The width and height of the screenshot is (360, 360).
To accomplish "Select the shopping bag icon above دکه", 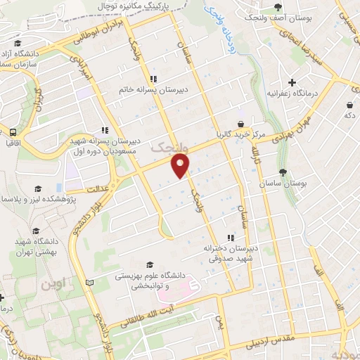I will (x=349, y=105).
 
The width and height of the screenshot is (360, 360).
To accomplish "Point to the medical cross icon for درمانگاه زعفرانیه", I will (x=292, y=82).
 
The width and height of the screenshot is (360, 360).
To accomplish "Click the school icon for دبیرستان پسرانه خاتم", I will (x=153, y=79).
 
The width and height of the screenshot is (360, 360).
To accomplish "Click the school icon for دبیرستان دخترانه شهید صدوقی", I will (x=229, y=238).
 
